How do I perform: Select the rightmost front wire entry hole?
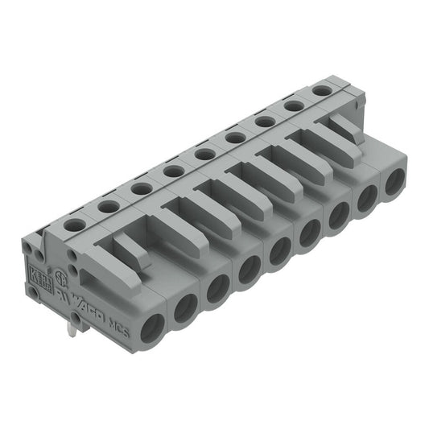point(394,184)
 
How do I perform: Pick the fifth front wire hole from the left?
point(280,250)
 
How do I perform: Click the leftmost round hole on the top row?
point(74,226)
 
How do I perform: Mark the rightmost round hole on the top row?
point(321,91)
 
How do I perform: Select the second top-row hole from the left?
point(109,207)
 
